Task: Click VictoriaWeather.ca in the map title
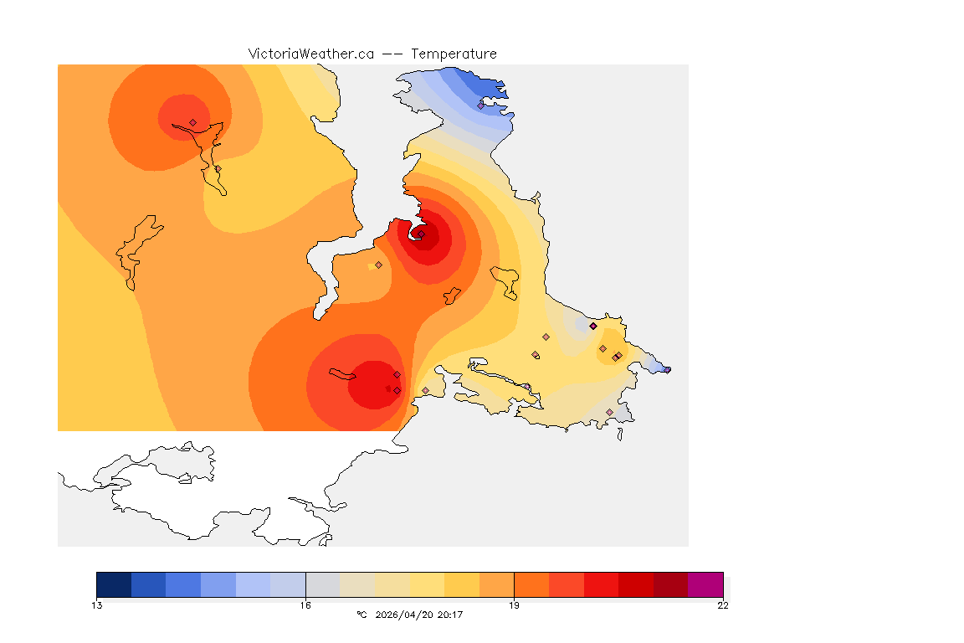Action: pos(310,54)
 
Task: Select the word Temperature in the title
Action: pos(454,54)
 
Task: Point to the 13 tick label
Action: pos(97,605)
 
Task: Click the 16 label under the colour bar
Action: pos(305,605)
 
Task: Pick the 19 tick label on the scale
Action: pos(514,605)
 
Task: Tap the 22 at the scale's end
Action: pos(722,605)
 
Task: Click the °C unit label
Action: pos(361,615)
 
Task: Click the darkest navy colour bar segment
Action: pos(114,584)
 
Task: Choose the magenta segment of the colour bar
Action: pos(705,584)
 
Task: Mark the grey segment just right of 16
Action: pos(323,584)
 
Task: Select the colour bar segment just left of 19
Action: pos(496,584)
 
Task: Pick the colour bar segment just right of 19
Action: pos(531,584)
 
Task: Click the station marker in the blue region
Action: pos(481,105)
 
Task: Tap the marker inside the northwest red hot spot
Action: pos(192,122)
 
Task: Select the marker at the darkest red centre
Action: pos(421,234)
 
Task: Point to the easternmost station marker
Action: pos(667,369)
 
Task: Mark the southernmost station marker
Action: pos(609,412)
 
